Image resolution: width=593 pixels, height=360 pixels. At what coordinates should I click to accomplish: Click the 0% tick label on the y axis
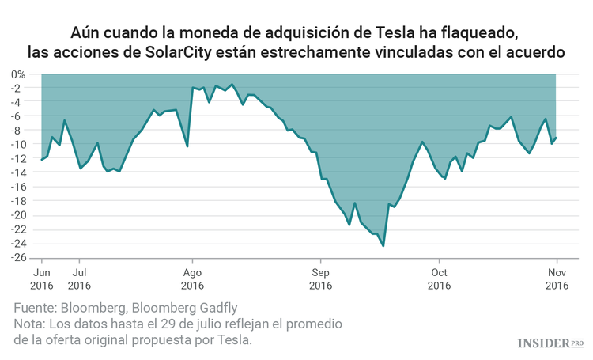pos(17,74)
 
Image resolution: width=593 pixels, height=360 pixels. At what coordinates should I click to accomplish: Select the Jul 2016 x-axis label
pos(78,278)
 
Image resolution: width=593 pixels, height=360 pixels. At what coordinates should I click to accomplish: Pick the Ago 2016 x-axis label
pos(191,278)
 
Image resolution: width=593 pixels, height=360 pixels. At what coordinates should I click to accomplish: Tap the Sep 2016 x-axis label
pos(319,278)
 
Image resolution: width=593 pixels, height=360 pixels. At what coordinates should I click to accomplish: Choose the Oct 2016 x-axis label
pos(439,278)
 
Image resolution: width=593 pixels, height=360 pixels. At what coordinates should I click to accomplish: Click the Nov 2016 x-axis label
pos(557,278)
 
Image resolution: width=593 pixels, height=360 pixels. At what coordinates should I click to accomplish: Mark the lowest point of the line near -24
pos(383,246)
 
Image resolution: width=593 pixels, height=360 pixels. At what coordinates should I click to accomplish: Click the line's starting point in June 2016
pos(42,160)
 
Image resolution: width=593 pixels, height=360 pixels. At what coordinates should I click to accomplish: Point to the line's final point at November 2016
pos(557,138)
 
